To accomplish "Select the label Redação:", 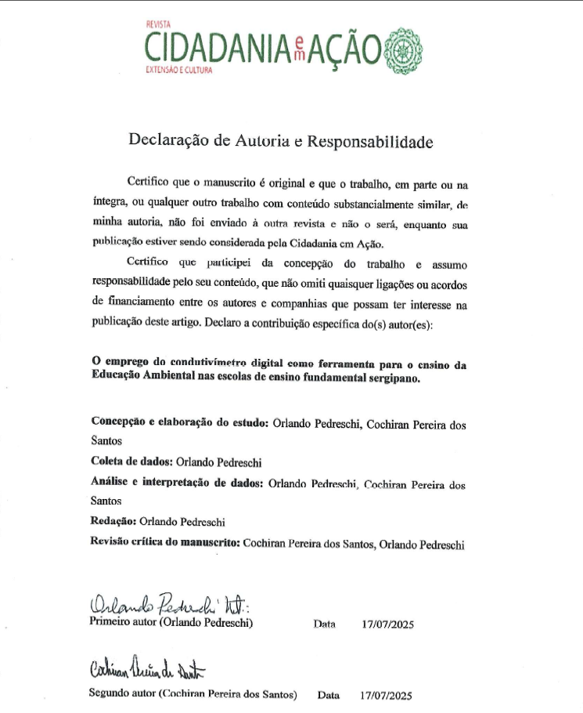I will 114,521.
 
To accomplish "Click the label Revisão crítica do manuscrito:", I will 164,542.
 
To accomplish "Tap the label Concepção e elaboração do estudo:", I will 180,423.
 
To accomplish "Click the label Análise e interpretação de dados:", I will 177,483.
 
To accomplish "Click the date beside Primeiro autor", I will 387,624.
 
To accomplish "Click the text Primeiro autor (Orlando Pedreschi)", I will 171,624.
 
